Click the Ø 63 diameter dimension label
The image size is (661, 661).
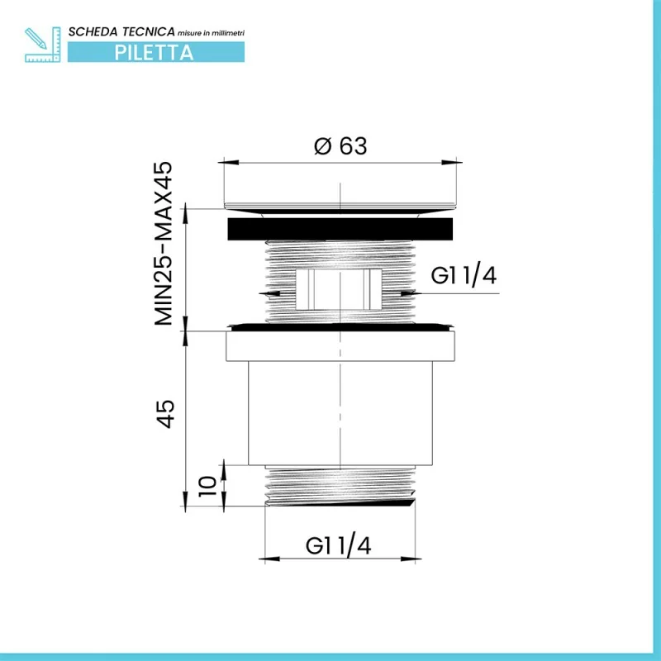(340, 146)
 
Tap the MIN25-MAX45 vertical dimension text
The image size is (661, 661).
(164, 244)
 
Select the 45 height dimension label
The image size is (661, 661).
(166, 414)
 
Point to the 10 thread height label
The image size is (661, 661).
(208, 486)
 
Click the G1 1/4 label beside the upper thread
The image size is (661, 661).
(464, 275)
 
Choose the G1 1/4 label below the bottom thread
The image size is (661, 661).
(338, 545)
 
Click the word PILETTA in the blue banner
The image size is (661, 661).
(154, 53)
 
